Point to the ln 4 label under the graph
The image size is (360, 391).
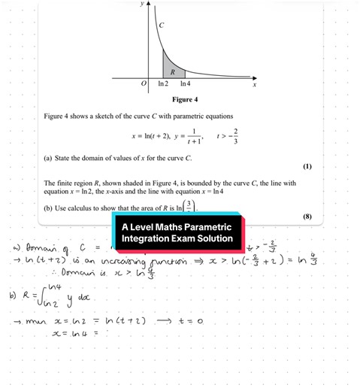coord(184,83)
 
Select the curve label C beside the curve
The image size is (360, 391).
coord(161,26)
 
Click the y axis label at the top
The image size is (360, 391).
coord(141,4)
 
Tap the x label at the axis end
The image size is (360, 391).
coord(254,85)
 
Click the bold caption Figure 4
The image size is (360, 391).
coord(185,99)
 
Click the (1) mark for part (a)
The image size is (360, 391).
coord(307,166)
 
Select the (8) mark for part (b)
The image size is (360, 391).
coord(307,217)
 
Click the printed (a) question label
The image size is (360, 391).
coord(49,158)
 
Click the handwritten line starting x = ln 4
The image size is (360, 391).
coord(83,332)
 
